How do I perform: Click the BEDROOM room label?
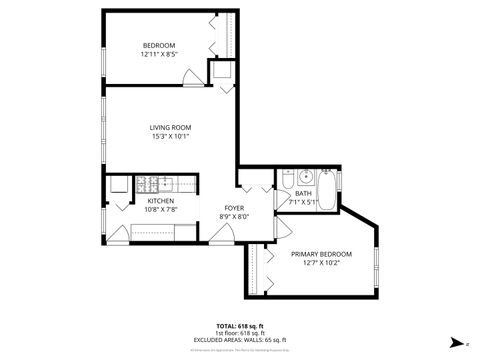coord(159,45)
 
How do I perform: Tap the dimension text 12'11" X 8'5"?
coord(159,54)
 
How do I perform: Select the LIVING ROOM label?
coord(171,127)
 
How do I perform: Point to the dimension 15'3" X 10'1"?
coord(171,137)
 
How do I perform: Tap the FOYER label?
coord(235,207)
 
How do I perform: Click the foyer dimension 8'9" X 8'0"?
coord(235,216)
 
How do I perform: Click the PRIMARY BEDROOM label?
coord(321,254)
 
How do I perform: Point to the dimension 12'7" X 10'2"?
coord(321,264)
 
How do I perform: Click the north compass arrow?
coord(457,342)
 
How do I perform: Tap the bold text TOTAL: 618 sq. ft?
coord(239,326)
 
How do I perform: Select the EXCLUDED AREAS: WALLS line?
coord(239,340)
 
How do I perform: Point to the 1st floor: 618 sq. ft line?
coord(239,333)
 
